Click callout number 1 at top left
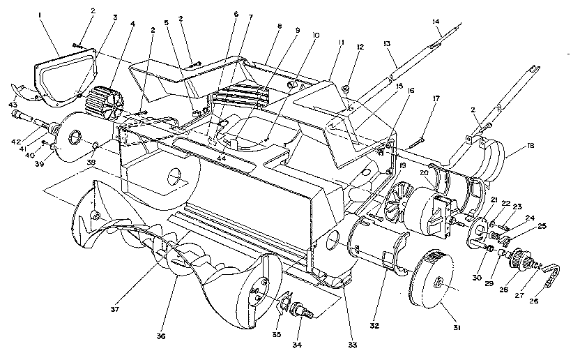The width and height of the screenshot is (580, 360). click(40, 15)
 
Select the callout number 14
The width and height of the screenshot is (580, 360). click(437, 22)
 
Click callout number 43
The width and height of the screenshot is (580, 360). click(12, 105)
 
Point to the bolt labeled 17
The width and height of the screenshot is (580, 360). click(416, 142)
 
